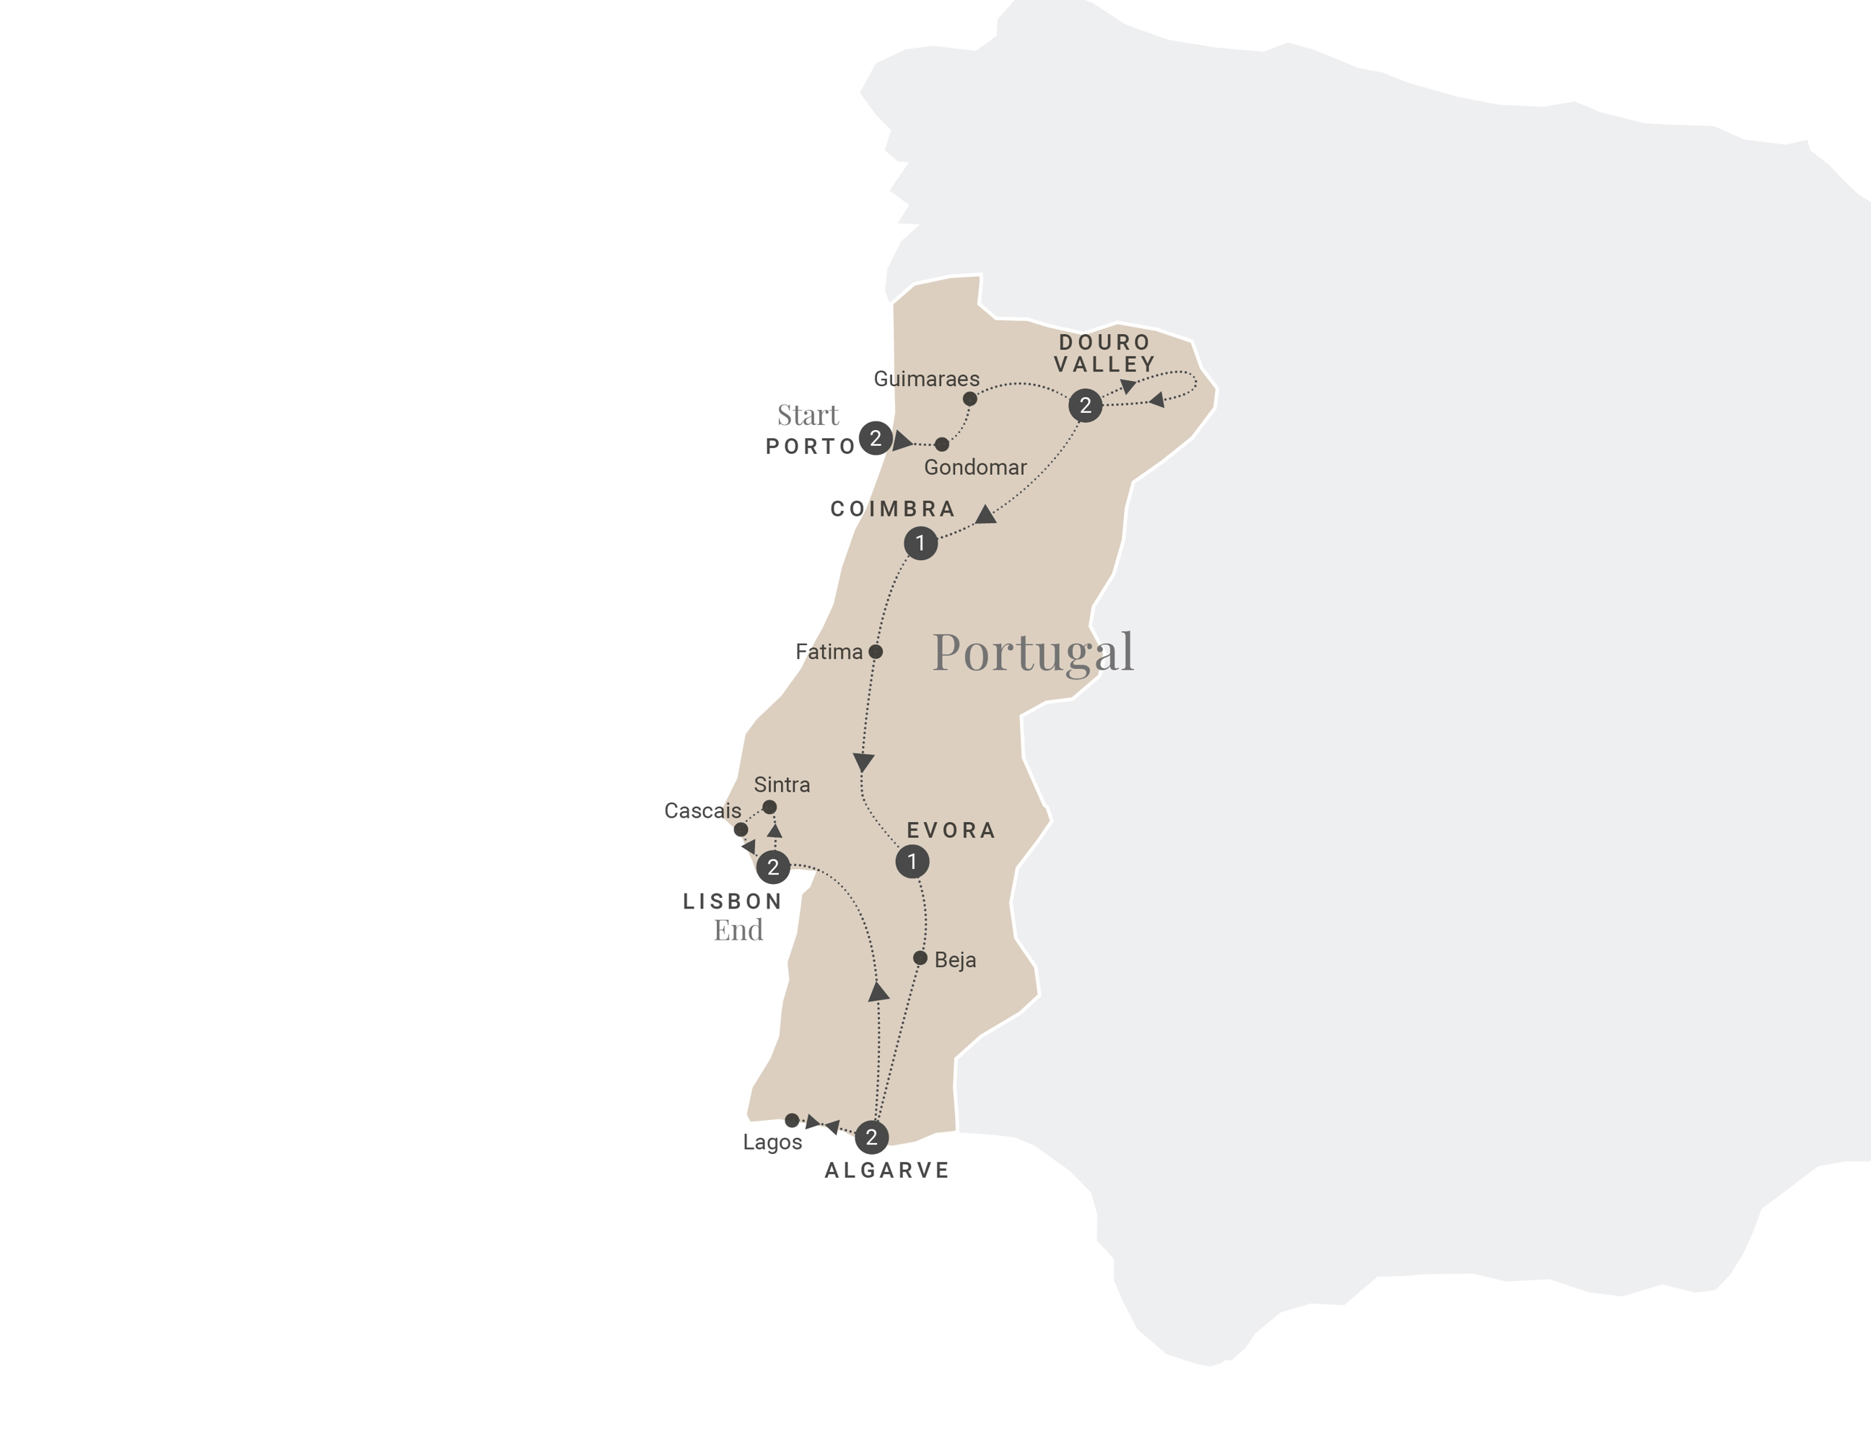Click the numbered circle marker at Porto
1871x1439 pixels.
pyautogui.click(x=875, y=439)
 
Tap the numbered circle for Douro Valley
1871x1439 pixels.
pyautogui.click(x=1086, y=405)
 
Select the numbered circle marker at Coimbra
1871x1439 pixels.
pyautogui.click(x=920, y=543)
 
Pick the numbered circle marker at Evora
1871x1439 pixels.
pyautogui.click(x=912, y=862)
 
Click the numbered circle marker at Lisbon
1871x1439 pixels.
pyautogui.click(x=773, y=867)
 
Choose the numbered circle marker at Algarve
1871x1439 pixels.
pyautogui.click(x=871, y=1137)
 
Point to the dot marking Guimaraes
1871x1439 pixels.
pyautogui.click(x=969, y=399)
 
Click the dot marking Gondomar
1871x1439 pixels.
pyautogui.click(x=941, y=445)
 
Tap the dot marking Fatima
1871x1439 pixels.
pyautogui.click(x=876, y=652)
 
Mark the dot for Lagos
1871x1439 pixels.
pyautogui.click(x=793, y=1120)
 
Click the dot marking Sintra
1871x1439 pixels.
pyautogui.click(x=769, y=807)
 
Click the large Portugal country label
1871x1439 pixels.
pyautogui.click(x=1032, y=652)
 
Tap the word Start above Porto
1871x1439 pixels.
pyautogui.click(x=807, y=416)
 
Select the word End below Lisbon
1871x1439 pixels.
pyautogui.click(x=738, y=930)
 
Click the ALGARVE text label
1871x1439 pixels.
pyautogui.click(x=886, y=1171)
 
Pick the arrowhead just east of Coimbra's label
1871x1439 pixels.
pyautogui.click(x=986, y=515)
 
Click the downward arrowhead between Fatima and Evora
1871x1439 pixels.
pyautogui.click(x=863, y=761)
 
